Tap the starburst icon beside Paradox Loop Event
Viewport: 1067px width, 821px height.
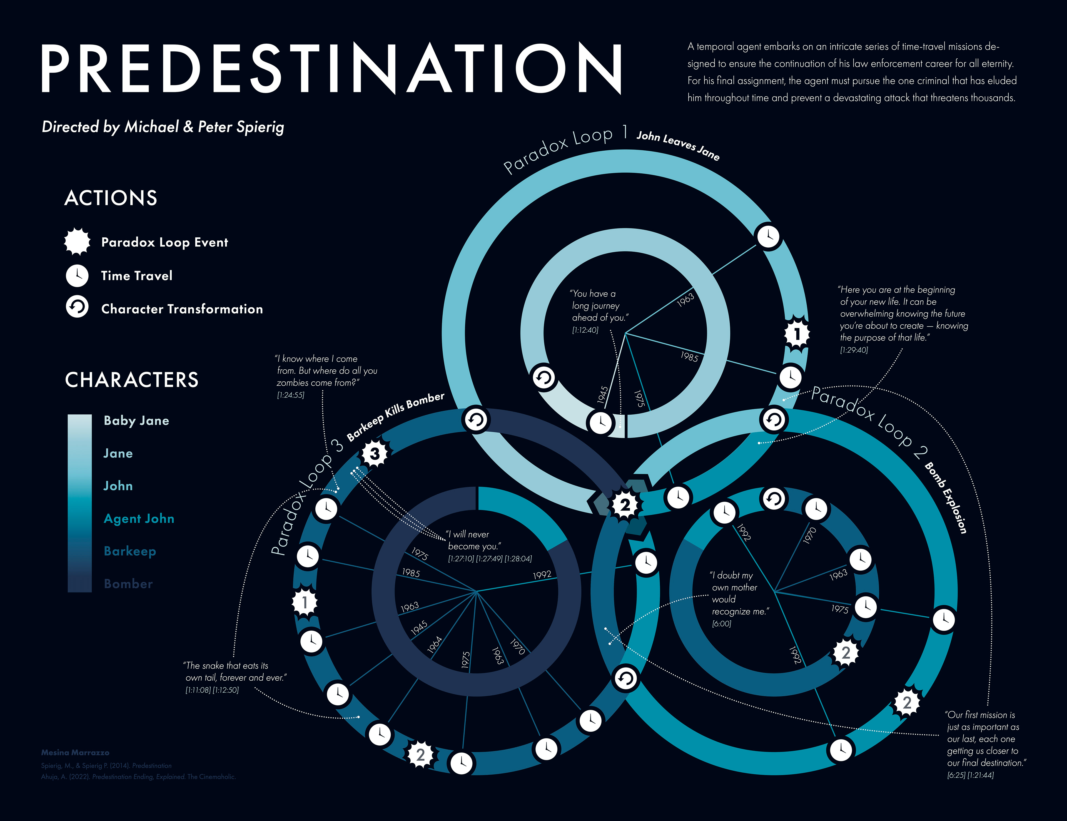click(77, 242)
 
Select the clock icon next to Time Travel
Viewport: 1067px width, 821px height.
click(77, 276)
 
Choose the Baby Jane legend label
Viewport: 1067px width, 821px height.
click(136, 421)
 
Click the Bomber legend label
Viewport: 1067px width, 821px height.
click(128, 584)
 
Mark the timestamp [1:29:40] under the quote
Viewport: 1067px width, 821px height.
click(854, 350)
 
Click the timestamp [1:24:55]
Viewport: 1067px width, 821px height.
click(291, 395)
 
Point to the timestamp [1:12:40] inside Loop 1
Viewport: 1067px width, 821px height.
click(585, 330)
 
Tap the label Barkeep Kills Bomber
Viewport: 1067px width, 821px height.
click(396, 416)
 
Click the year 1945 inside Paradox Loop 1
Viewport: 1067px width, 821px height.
click(603, 395)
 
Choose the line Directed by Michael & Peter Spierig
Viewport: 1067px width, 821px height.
click(163, 127)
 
